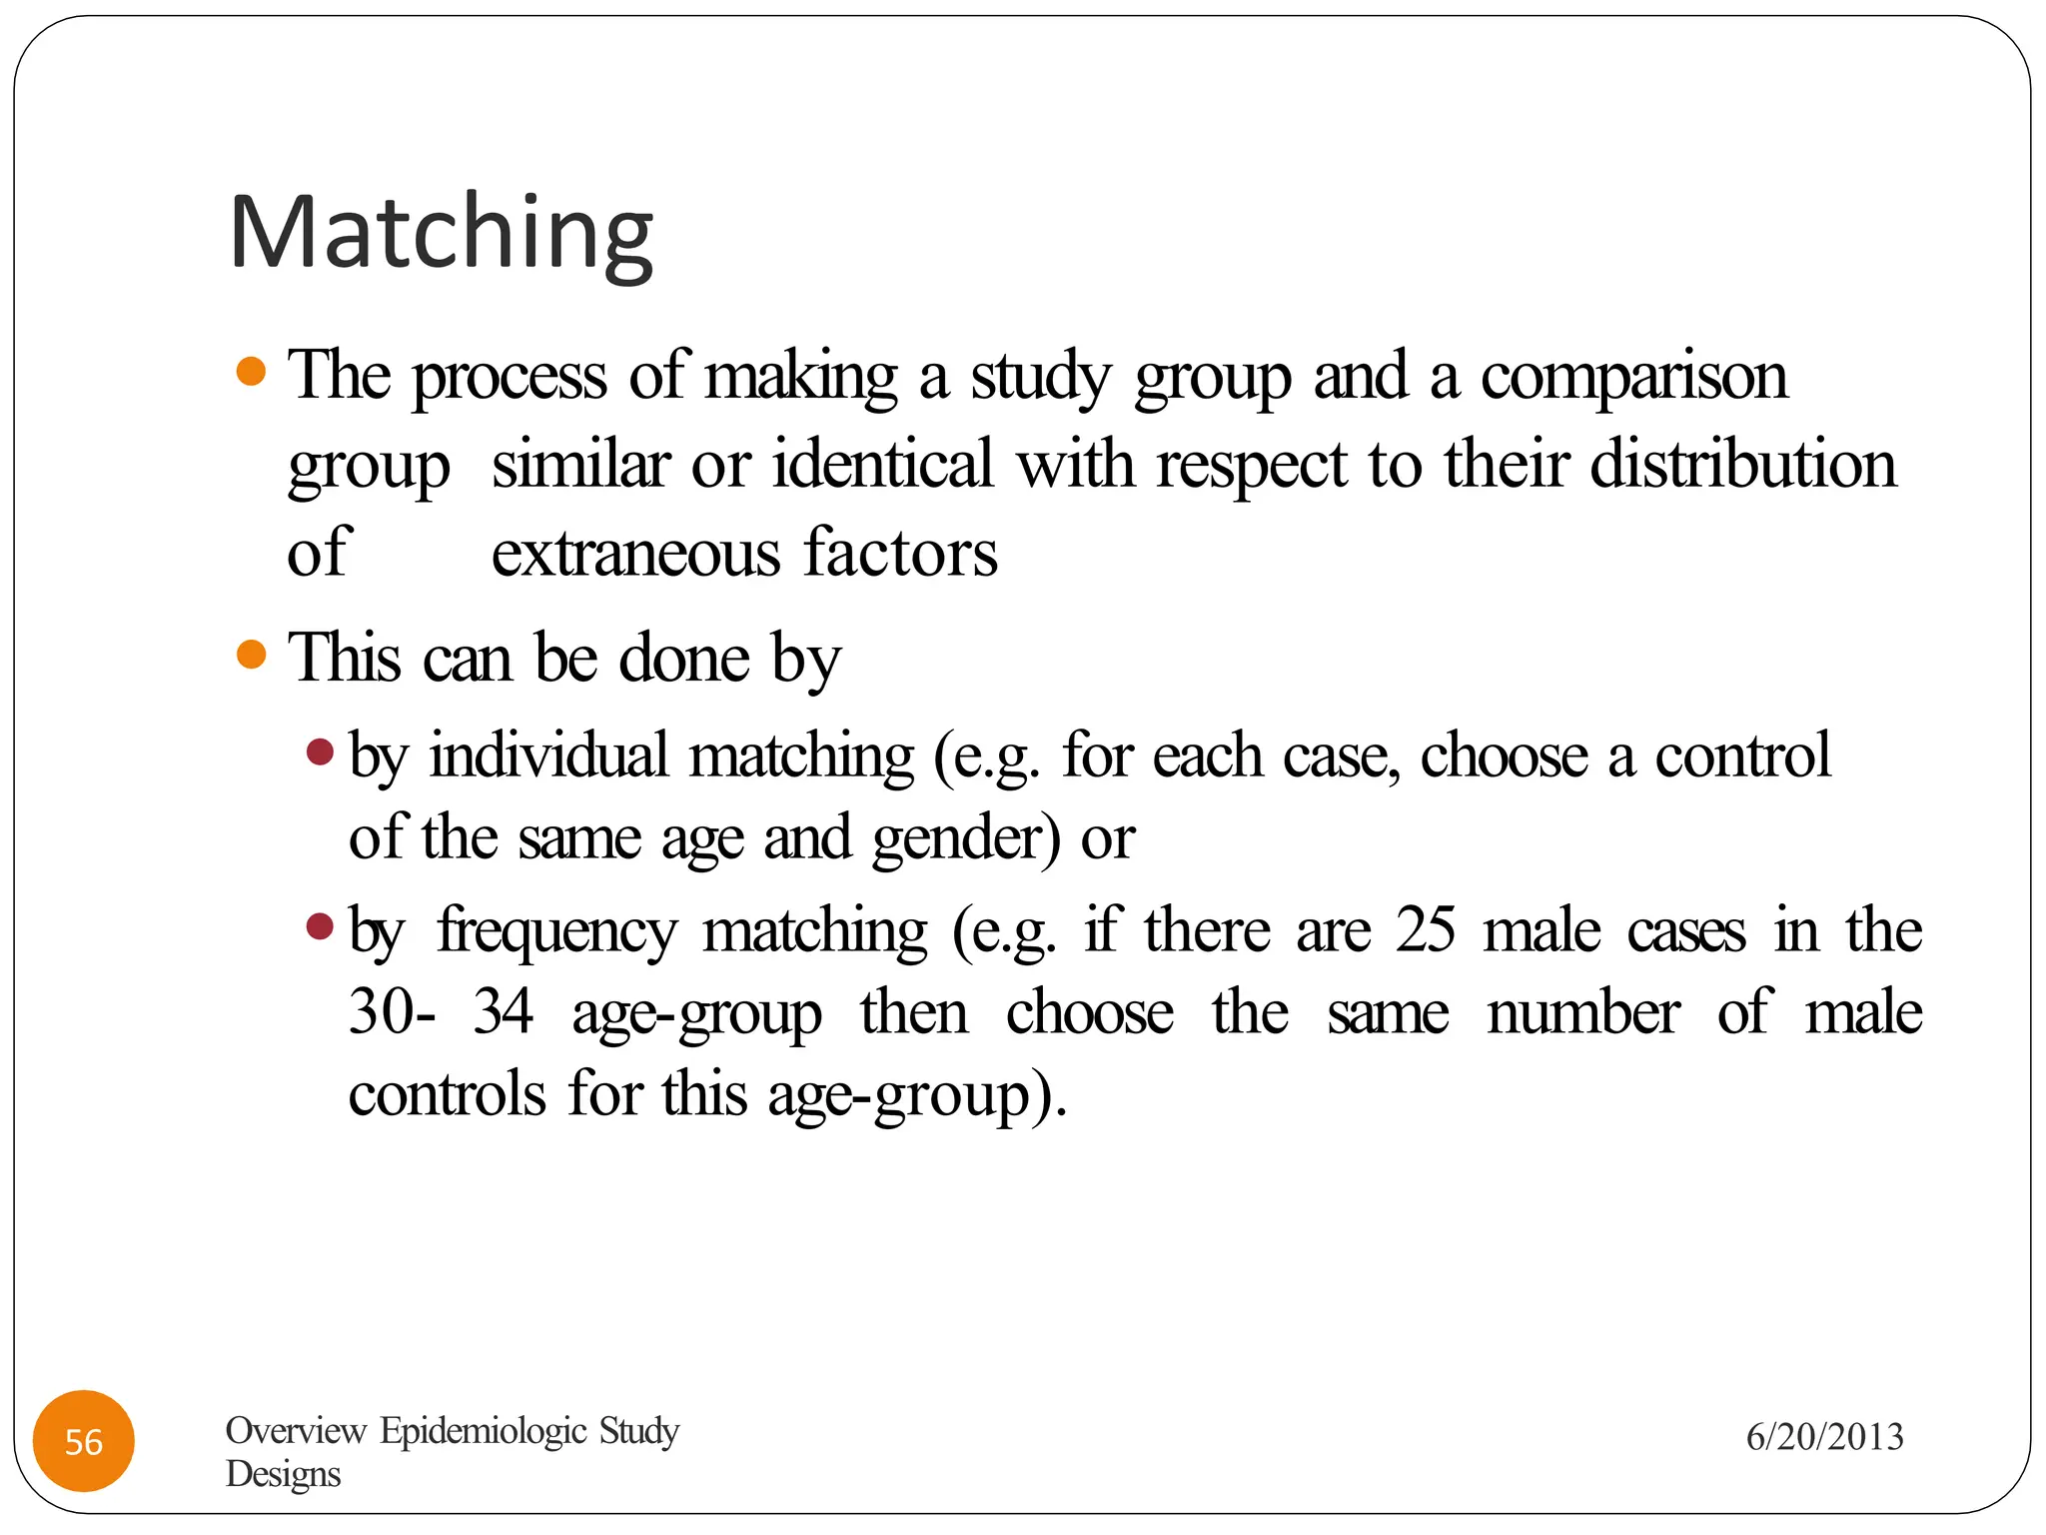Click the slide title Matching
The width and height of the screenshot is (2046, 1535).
coord(441,232)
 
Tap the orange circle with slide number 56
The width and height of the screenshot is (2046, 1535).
coord(84,1441)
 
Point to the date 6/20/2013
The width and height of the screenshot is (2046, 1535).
coord(1824,1437)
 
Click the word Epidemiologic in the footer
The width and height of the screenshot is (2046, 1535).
coord(484,1430)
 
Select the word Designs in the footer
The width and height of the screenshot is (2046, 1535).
coord(283,1474)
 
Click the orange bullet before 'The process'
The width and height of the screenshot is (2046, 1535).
coord(252,372)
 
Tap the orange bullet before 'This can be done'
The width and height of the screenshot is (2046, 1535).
coord(252,655)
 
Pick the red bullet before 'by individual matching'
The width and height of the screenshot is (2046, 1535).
coord(320,751)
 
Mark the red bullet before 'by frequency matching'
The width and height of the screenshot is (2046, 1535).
coord(320,926)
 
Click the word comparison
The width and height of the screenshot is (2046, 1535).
coord(1633,378)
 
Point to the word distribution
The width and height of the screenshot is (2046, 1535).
coord(1742,465)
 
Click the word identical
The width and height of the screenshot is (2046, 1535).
coord(882,465)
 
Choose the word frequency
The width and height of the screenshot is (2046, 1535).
coord(556,932)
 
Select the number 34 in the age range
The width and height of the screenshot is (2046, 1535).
coord(504,1011)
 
